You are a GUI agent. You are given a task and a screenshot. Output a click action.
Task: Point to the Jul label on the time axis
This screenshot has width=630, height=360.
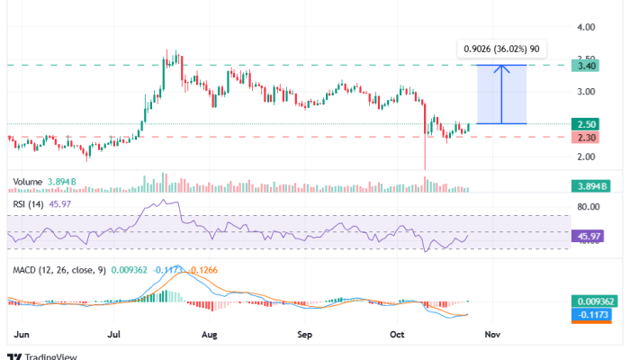114,334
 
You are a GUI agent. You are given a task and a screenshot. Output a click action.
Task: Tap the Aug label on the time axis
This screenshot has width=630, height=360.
210,334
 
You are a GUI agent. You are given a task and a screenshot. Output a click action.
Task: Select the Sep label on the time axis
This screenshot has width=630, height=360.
305,334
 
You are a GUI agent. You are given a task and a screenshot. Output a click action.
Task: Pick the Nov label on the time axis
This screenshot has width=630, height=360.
492,334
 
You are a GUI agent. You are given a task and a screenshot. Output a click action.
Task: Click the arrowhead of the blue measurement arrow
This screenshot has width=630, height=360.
502,67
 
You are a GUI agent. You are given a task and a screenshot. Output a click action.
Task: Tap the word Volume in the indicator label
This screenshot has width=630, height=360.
28,181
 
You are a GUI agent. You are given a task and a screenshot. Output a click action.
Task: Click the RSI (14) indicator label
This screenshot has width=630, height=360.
29,204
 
